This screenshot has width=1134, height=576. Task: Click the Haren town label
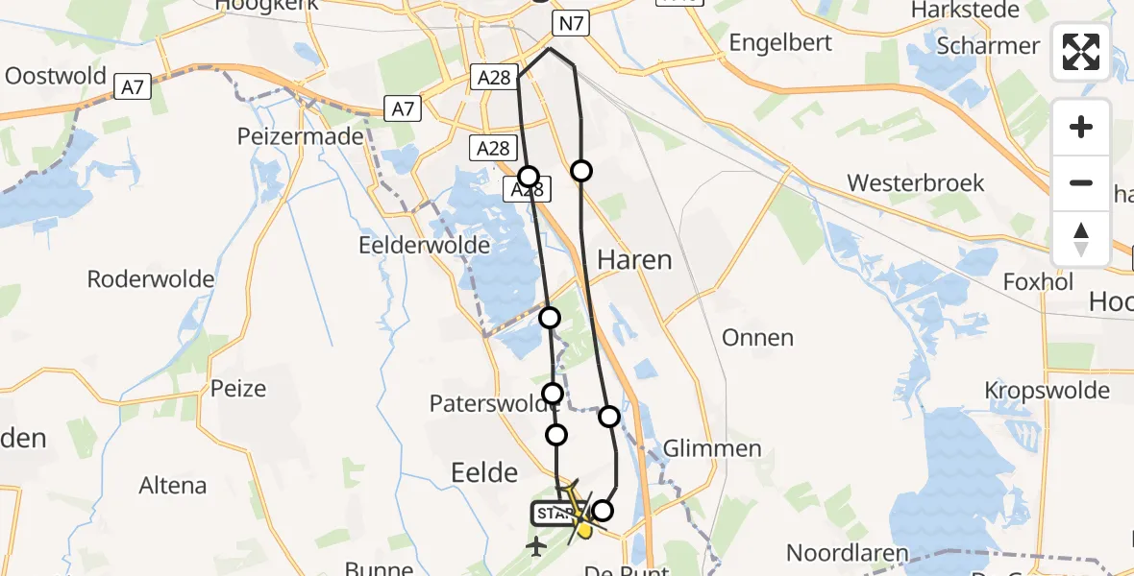point(634,260)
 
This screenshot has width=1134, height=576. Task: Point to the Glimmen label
point(712,448)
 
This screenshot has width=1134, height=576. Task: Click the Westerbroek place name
point(916,182)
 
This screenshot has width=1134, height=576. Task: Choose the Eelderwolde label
point(424,245)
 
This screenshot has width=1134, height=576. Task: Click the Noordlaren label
point(848,553)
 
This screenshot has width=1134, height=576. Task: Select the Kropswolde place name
point(1047,391)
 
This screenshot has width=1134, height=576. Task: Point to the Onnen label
point(757,338)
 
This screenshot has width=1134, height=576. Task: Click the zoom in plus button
point(1081,127)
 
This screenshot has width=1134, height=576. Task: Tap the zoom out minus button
point(1081,182)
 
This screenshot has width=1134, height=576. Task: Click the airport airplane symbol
point(536,546)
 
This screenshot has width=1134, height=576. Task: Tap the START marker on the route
point(554,515)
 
